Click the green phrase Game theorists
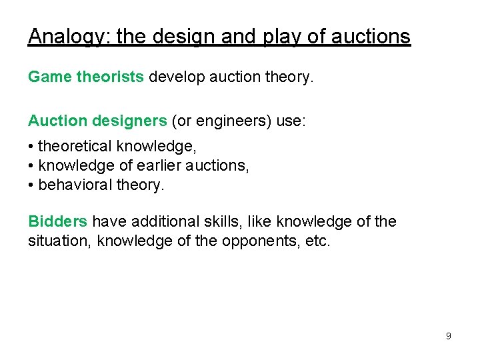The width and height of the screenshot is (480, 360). [85, 77]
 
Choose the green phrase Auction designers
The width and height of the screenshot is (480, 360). [97, 121]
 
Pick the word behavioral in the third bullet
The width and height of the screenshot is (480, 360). [74, 185]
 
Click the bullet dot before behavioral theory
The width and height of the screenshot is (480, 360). [31, 185]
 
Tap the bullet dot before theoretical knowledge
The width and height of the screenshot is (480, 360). [31, 145]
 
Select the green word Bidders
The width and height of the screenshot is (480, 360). [57, 221]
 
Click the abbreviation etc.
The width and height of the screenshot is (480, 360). [317, 241]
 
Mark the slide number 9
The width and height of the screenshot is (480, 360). [448, 336]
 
